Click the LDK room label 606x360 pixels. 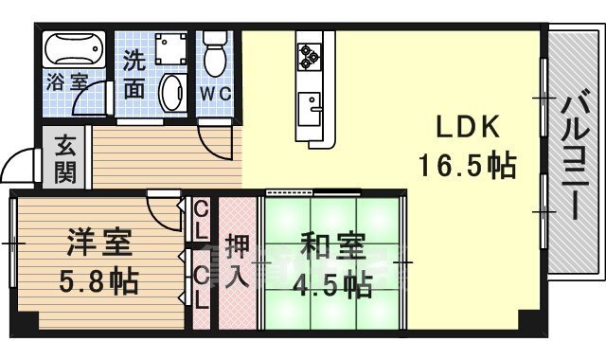pos(467,128)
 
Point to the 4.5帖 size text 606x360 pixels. pos(331,284)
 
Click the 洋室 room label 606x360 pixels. pos(99,242)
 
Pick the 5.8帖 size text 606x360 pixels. pos(99,280)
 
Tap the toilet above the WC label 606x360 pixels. pos(215,55)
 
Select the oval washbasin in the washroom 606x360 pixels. pos(171,93)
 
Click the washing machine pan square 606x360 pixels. pos(171,49)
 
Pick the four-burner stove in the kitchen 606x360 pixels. pos(311,53)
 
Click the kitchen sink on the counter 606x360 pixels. pos(309,101)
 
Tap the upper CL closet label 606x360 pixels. pos(202,221)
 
